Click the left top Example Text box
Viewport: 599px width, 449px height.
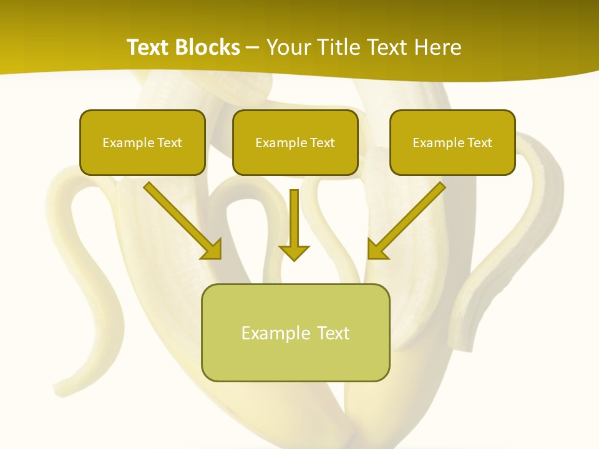point(142,142)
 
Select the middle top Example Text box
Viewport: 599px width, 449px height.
point(295,142)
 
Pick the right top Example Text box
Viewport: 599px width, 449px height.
point(452,142)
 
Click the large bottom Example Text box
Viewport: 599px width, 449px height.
point(295,332)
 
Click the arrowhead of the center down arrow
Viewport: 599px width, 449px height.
point(294,252)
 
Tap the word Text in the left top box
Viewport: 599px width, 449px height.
point(169,142)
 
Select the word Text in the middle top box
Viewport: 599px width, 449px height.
point(322,142)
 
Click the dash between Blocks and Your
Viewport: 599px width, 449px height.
point(253,47)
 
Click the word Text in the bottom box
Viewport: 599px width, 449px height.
point(333,332)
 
